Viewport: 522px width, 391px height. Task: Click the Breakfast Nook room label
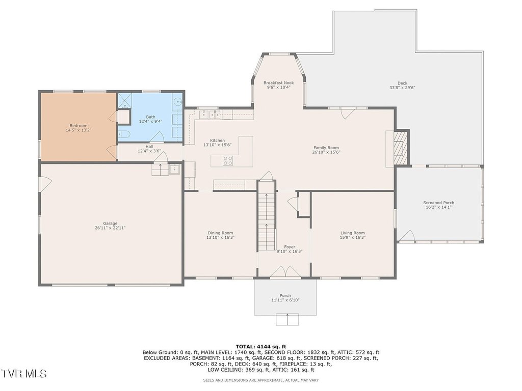278,83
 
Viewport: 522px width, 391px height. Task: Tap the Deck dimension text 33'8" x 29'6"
402,88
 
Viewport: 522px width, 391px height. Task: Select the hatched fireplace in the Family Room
401,147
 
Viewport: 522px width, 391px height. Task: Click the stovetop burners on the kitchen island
228,160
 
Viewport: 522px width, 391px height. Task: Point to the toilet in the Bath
125,134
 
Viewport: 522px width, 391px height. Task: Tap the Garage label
110,224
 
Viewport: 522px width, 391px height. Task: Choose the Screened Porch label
438,203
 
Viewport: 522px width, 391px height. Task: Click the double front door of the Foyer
285,271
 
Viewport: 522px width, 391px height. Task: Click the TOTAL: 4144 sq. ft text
261,346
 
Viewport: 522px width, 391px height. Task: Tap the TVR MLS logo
23,373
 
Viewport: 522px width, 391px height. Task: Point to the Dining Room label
220,233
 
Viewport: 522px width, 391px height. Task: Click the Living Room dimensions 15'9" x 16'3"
353,237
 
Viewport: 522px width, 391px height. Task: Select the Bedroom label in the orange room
79,126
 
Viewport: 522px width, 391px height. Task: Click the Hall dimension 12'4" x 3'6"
149,151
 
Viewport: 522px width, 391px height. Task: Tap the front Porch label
285,296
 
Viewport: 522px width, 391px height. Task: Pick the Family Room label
326,148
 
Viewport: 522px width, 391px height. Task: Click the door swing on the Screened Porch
406,235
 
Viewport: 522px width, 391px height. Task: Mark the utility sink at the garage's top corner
174,169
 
